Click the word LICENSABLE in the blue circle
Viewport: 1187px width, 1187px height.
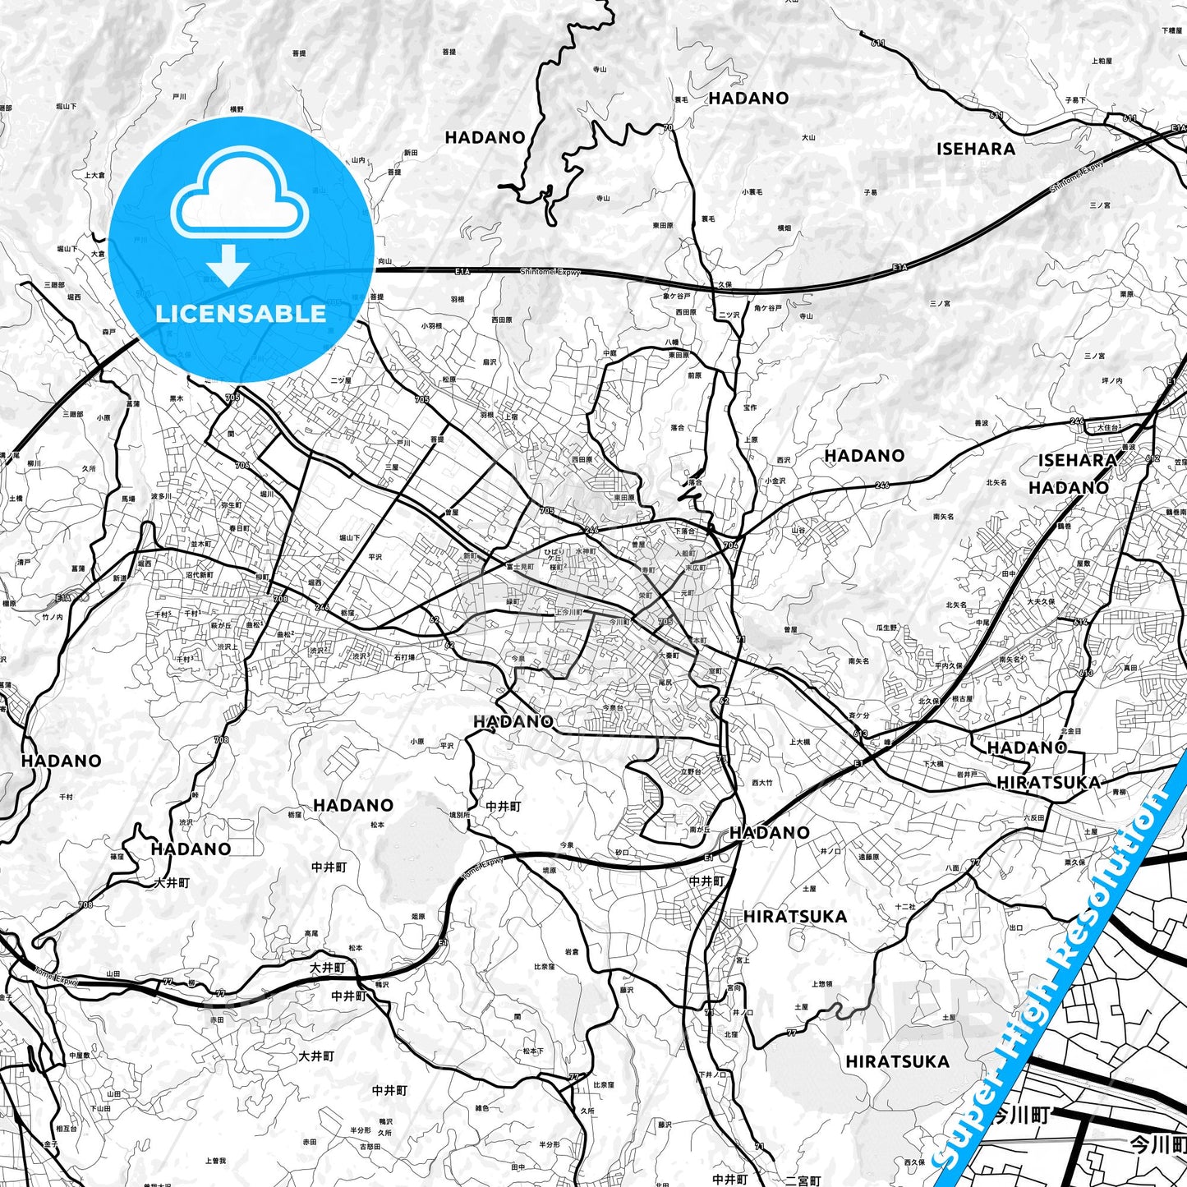coord(241,314)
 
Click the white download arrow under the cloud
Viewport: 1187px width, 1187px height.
coord(228,265)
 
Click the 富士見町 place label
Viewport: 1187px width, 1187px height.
coord(520,567)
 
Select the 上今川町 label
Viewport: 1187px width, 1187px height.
coord(568,613)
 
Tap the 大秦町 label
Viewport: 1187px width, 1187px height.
coord(669,656)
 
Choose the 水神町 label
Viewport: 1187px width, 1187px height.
coord(586,551)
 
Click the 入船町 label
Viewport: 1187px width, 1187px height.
coord(685,554)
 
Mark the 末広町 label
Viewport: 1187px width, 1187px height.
coord(696,568)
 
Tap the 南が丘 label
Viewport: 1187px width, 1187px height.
coord(699,830)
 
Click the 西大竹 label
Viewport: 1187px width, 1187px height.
coord(761,783)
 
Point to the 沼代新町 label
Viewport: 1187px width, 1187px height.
coord(200,575)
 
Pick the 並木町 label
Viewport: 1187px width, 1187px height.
coord(201,544)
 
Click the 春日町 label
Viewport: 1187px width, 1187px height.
coord(239,528)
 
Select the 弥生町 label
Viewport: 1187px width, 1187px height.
coord(232,505)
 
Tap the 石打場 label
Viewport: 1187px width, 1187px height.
coord(403,657)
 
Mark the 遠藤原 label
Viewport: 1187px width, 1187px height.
coord(869,857)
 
